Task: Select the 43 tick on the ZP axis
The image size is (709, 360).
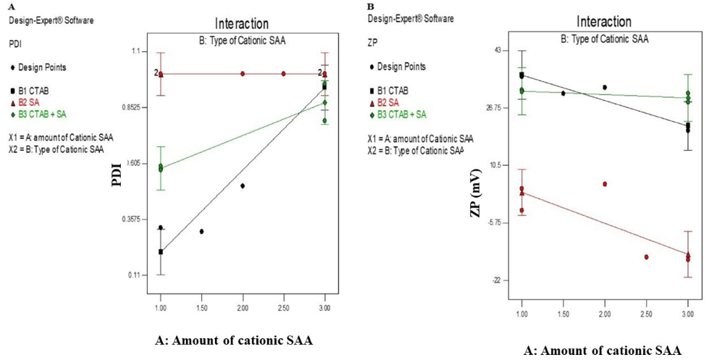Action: [497, 50]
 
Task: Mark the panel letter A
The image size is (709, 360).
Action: [11, 6]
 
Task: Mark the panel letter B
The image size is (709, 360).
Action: [371, 6]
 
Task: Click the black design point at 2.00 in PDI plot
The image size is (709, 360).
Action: [243, 186]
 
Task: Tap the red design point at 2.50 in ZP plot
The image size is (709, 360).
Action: [646, 257]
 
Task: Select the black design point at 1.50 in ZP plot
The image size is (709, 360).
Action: [563, 93]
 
